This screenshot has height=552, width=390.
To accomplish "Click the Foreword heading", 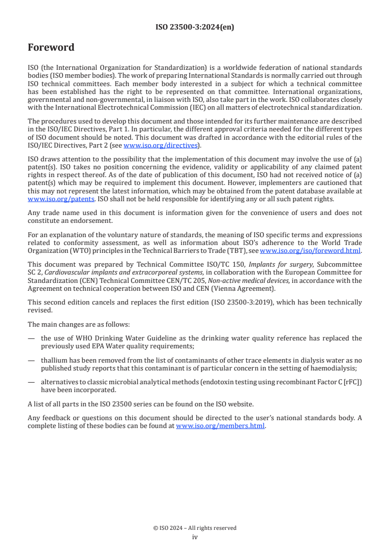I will [x=51, y=48].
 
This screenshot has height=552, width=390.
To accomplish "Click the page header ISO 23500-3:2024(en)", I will [x=195, y=28].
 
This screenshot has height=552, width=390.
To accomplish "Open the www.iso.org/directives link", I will [x=160, y=145].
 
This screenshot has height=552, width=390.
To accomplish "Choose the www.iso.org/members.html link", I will [x=220, y=426].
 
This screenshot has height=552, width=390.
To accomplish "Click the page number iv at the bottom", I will [x=195, y=537].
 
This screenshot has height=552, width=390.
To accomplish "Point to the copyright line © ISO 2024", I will [x=195, y=528].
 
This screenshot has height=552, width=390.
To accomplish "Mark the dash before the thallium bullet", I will [x=31, y=360].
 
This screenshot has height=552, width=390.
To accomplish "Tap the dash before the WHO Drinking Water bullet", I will [x=31, y=338].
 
